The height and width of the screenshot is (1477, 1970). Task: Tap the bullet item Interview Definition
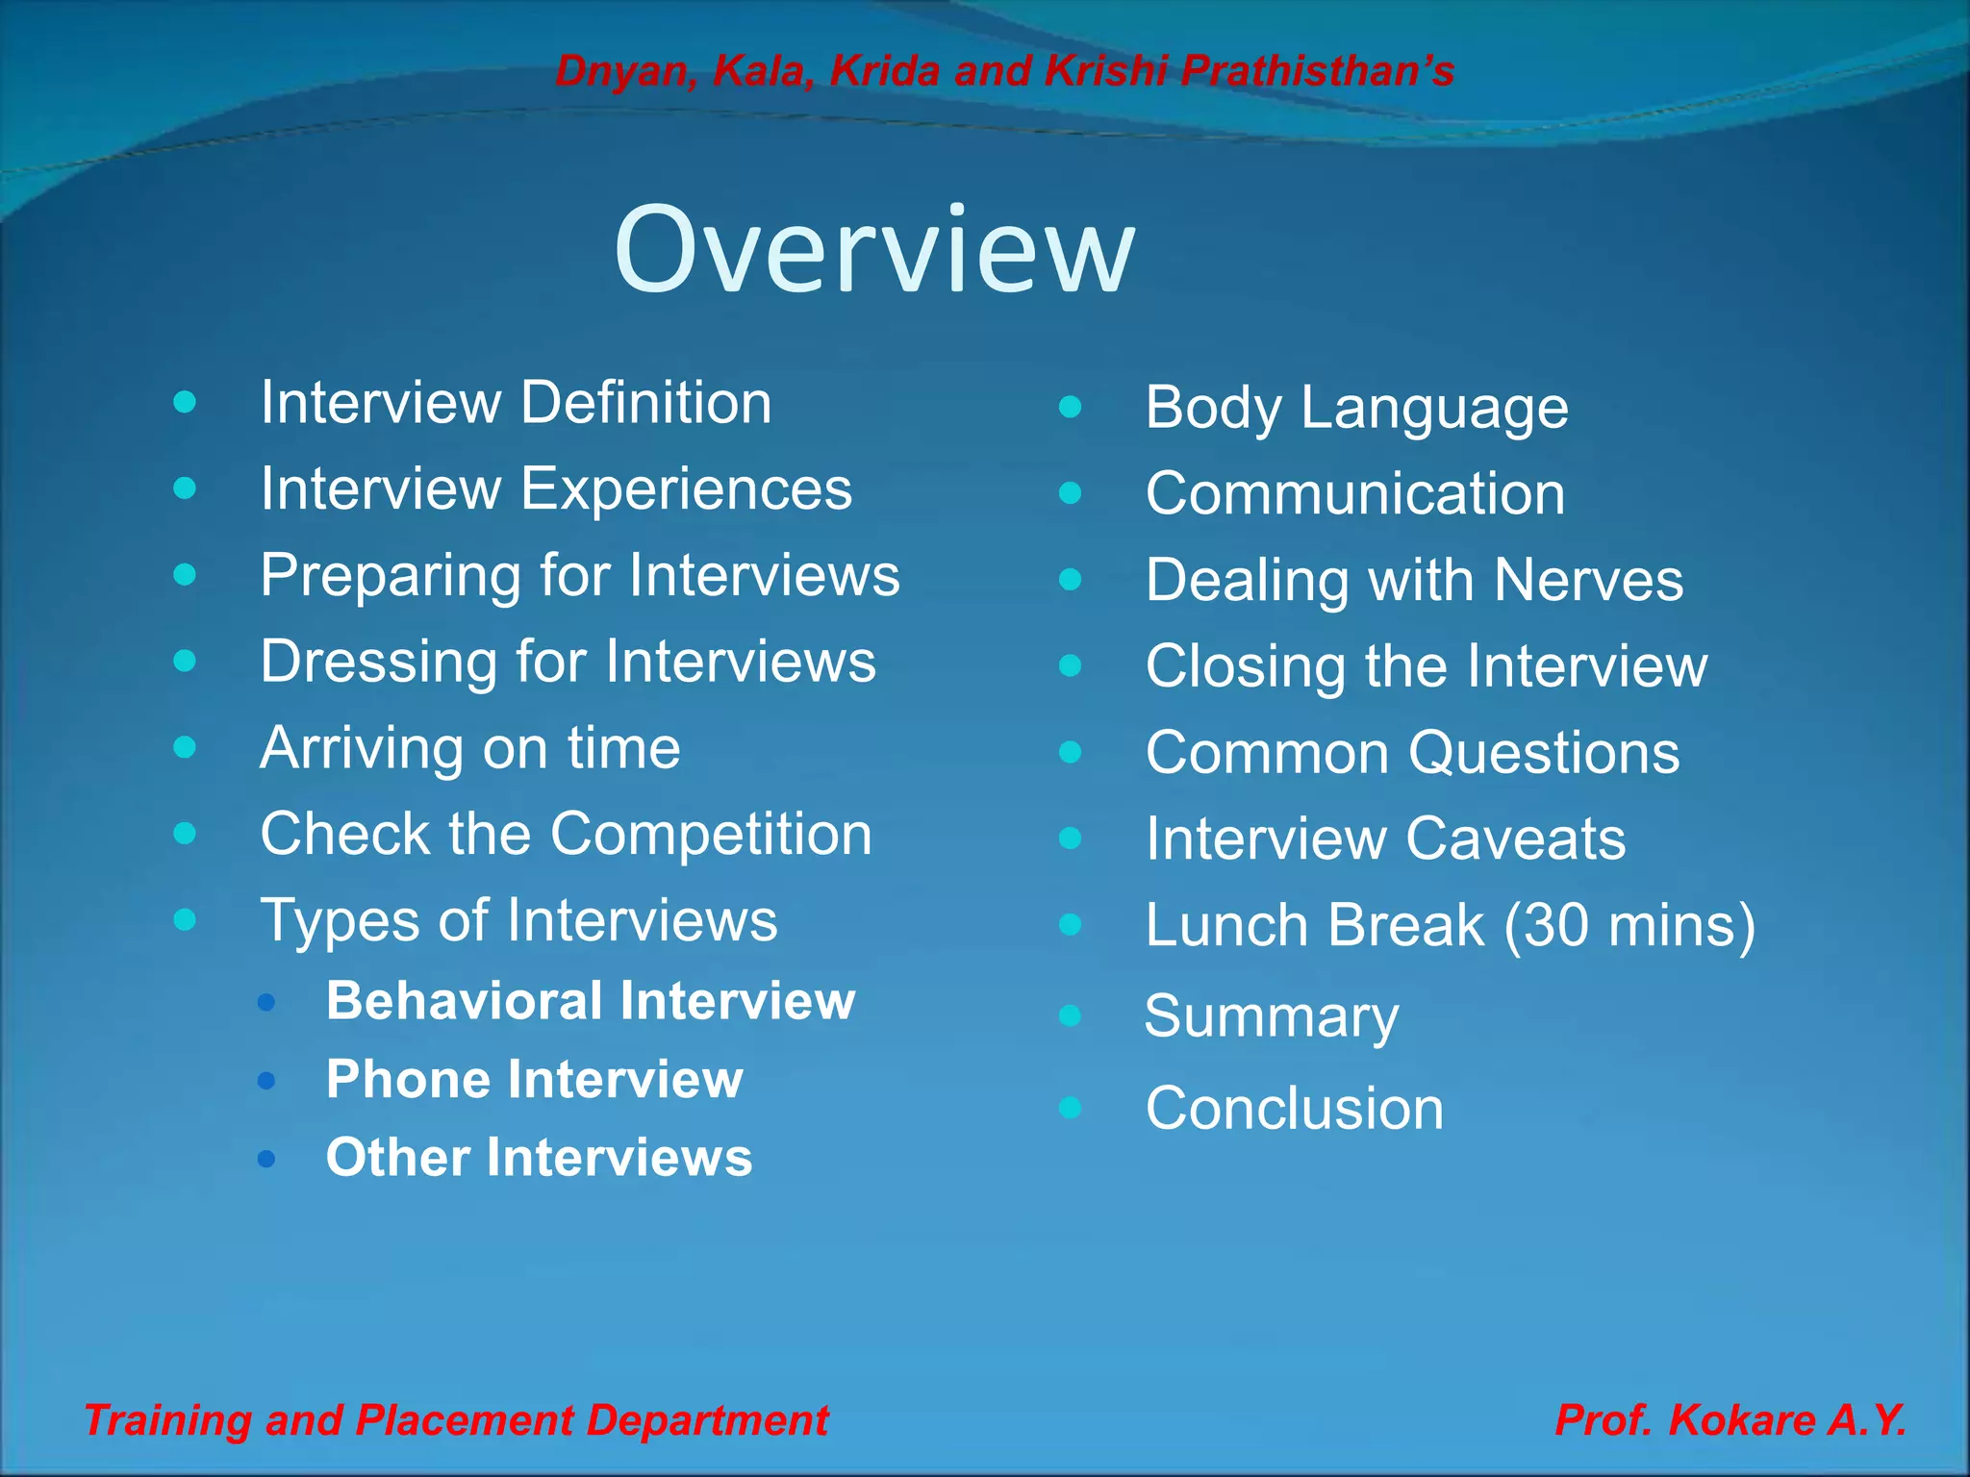(x=516, y=402)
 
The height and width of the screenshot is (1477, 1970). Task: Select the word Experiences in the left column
(x=686, y=488)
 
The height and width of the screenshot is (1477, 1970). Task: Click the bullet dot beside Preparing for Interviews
(x=185, y=575)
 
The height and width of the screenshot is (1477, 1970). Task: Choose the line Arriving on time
(x=470, y=748)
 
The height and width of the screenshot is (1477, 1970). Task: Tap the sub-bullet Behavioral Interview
(x=590, y=1001)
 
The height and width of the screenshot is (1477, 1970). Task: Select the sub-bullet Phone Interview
(x=534, y=1079)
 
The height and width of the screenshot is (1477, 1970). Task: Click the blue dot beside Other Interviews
(x=266, y=1159)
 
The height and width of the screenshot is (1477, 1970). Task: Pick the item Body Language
(x=1356, y=408)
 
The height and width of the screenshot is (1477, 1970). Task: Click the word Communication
(x=1355, y=494)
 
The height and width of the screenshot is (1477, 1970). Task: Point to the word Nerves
(x=1588, y=581)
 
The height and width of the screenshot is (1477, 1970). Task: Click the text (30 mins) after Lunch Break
(x=1629, y=925)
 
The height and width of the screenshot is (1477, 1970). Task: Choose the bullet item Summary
(x=1271, y=1016)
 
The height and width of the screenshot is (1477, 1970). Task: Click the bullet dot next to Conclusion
(x=1070, y=1108)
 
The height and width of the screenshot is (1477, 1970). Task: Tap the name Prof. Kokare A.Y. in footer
(x=1730, y=1420)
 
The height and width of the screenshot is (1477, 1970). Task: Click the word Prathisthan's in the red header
(x=1317, y=71)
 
